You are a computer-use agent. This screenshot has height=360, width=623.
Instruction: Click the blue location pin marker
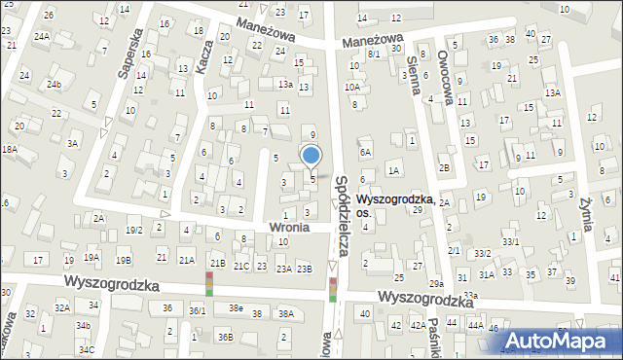point(311,156)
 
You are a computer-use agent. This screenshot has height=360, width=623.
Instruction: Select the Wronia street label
point(289,226)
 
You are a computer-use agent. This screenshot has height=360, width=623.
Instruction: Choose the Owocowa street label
point(447,69)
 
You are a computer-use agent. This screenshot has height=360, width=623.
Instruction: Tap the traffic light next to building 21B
point(208,284)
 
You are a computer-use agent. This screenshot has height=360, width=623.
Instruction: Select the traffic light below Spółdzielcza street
point(333,290)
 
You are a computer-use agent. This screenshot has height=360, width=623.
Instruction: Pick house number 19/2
point(134,230)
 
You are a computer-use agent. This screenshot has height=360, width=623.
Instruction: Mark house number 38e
point(236,307)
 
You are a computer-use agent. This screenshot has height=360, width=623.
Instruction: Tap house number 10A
point(352,87)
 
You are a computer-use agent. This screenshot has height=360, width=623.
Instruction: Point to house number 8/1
point(374,54)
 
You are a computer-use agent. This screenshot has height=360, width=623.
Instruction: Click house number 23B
point(305,269)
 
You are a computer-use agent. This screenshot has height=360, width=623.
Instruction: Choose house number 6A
point(365,152)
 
